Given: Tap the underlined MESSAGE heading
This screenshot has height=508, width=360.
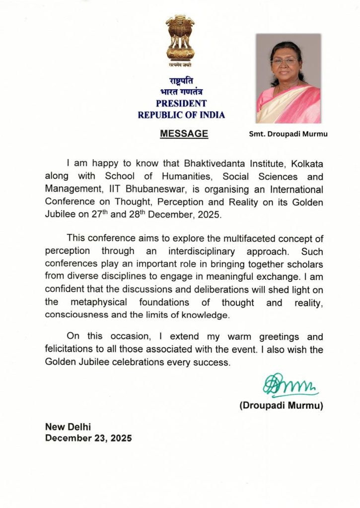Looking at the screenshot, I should tap(184, 133).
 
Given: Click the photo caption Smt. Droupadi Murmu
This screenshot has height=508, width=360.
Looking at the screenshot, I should tap(288, 134).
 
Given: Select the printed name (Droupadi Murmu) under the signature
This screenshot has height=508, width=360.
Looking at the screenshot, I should tap(281, 406).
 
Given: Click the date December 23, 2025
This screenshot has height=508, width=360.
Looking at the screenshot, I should tap(88, 438).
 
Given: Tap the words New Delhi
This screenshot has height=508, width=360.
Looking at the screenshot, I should tap(68, 427).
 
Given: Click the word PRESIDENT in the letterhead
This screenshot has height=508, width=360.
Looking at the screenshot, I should tap(181, 104).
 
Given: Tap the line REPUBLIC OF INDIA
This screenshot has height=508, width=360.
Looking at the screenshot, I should tap(181, 115).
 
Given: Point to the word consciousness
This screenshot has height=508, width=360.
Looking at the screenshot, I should tap(77, 315).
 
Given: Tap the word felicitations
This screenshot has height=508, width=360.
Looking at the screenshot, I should tap(72, 349).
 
